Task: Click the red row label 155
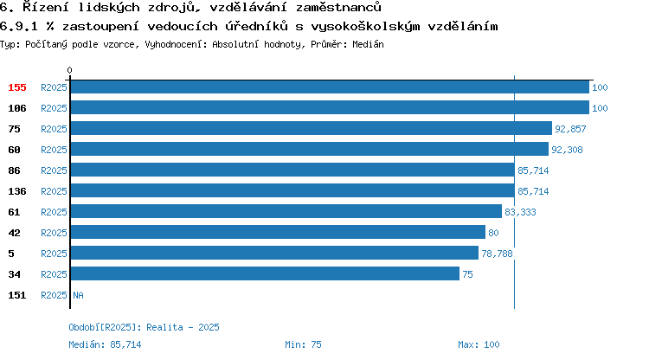17,87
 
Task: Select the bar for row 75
312,128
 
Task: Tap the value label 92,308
567,150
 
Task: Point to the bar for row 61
286,211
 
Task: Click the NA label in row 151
78,295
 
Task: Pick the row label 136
17,191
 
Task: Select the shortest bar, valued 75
265,273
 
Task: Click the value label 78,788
497,254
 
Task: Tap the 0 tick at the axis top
69,70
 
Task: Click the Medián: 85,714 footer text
105,344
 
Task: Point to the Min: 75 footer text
303,344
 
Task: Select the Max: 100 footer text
479,344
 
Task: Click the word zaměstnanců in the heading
338,7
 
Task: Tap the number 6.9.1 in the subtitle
19,27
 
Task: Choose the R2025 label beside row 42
54,233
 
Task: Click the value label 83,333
520,212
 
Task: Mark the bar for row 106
330,107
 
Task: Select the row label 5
11,254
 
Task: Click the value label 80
493,233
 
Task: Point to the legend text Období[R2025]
102,327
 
